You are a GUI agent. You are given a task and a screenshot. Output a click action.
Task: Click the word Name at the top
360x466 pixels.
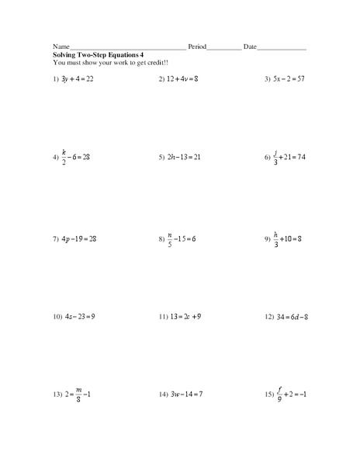click(61, 47)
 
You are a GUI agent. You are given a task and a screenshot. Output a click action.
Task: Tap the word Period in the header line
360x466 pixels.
click(197, 47)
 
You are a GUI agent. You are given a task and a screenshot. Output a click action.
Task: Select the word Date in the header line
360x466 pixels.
click(250, 47)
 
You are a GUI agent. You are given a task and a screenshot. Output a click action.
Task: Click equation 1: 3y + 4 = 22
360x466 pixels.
click(78, 79)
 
